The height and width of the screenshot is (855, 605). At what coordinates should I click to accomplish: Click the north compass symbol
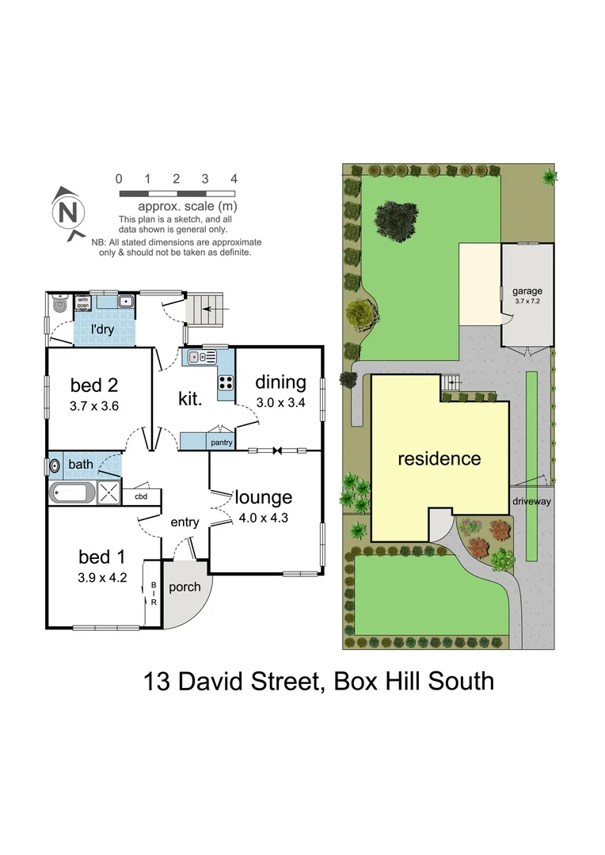click(69, 212)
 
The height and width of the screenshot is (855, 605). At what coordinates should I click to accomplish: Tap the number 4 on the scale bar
click(234, 179)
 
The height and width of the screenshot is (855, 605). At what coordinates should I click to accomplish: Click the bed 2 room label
click(94, 386)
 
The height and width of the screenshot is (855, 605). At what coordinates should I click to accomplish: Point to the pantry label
click(221, 443)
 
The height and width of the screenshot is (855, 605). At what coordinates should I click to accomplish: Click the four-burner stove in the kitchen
click(225, 382)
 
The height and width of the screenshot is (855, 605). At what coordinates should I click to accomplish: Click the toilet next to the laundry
click(59, 303)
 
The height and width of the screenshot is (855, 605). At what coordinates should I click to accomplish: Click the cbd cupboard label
click(141, 496)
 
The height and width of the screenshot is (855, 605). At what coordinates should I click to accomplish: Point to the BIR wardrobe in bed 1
click(154, 595)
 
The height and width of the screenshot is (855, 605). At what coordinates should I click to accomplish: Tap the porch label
click(185, 587)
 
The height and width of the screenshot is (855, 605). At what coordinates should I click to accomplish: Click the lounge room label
click(264, 497)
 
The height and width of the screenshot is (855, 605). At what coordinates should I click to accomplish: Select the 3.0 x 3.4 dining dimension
click(280, 402)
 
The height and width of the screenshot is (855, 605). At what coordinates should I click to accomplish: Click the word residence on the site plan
click(439, 458)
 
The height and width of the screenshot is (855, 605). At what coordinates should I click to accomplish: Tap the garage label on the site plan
click(527, 291)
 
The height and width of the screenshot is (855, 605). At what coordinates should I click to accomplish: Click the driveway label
click(531, 501)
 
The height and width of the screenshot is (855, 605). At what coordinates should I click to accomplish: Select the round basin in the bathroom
click(55, 466)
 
